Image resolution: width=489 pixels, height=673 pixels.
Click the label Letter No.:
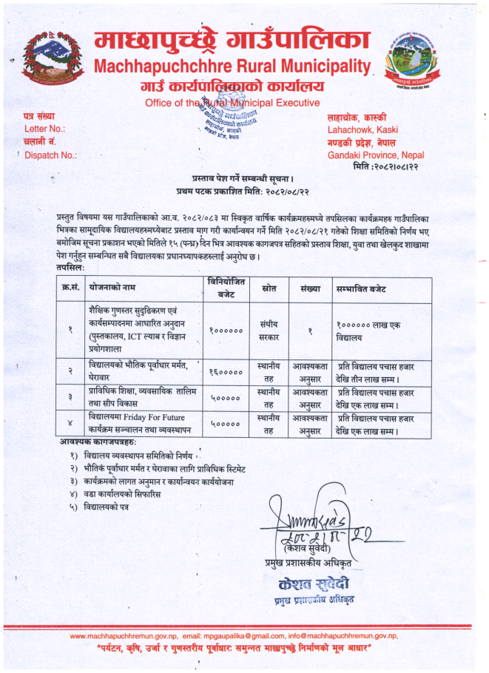click(x=45, y=129)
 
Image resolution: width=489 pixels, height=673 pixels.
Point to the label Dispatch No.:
click(x=51, y=155)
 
